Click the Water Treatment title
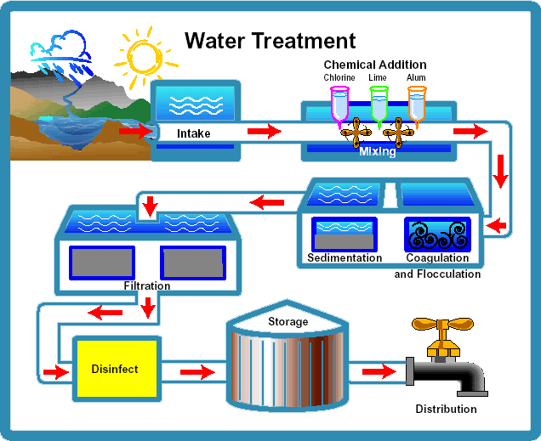tap(270, 40)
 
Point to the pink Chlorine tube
tap(339, 103)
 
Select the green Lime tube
tap(379, 103)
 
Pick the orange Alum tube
tap(416, 103)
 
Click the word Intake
tap(193, 133)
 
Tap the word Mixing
tap(377, 151)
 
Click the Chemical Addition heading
tap(375, 65)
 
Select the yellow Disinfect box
tap(116, 370)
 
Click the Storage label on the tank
tap(288, 322)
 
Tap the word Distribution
tap(446, 409)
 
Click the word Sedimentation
tap(345, 257)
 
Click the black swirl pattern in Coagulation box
tap(436, 234)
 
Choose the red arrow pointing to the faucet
tap(379, 370)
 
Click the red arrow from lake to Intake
tap(134, 132)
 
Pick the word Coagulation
tap(437, 257)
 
